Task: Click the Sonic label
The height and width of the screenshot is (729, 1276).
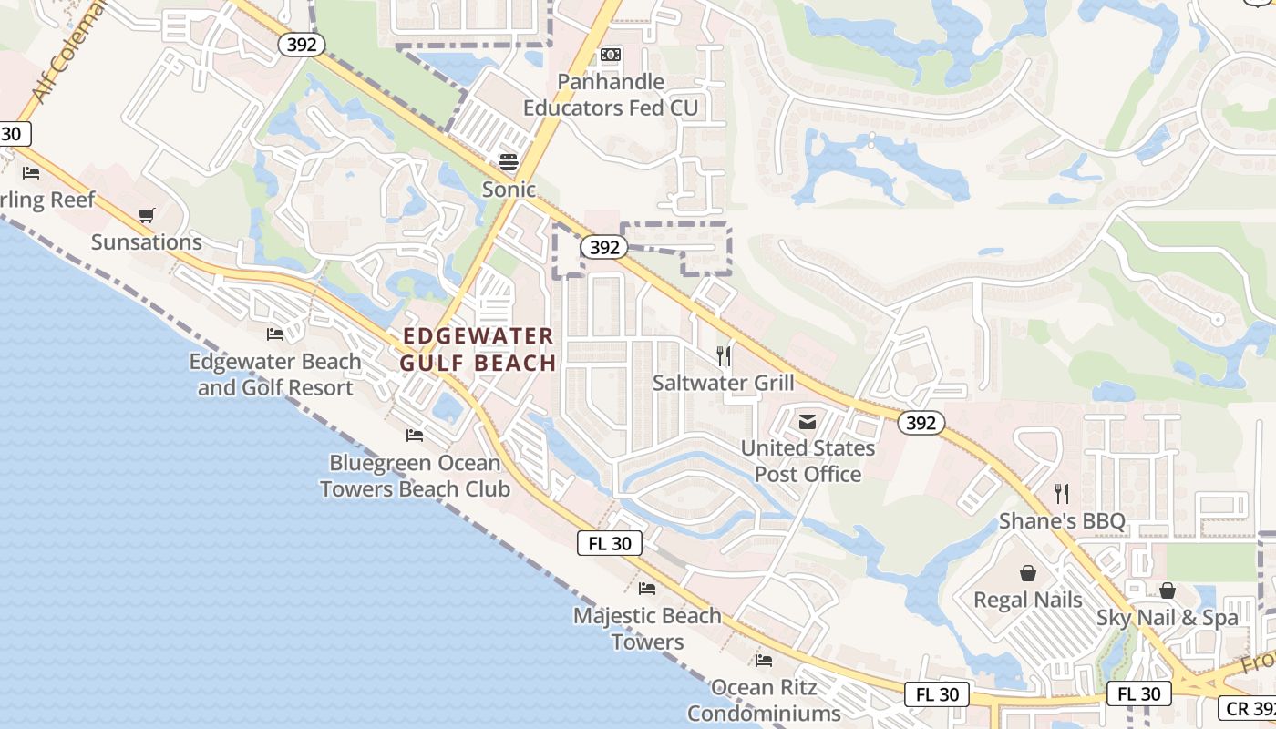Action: click(509, 190)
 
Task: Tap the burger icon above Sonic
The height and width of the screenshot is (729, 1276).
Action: click(509, 163)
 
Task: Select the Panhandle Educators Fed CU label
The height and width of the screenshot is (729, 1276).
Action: click(610, 95)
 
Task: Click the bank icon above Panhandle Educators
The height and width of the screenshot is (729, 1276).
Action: click(611, 56)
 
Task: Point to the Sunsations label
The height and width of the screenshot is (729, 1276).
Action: click(146, 242)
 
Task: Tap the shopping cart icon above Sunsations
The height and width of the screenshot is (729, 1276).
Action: click(146, 216)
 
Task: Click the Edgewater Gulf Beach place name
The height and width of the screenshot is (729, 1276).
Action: click(478, 350)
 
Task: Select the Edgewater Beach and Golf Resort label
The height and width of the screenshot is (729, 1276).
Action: click(275, 375)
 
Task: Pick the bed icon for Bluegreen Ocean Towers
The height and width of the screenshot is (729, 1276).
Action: click(415, 435)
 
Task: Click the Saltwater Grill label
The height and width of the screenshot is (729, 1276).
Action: click(723, 383)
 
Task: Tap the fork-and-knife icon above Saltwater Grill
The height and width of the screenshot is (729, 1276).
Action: click(724, 355)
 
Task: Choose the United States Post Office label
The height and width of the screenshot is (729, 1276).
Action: click(808, 461)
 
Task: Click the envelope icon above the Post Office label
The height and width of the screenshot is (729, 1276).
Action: click(808, 422)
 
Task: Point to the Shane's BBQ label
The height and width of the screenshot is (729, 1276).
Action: click(1062, 521)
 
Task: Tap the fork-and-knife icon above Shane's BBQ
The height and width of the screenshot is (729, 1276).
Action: click(1062, 494)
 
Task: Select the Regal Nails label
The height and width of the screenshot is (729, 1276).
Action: click(1028, 600)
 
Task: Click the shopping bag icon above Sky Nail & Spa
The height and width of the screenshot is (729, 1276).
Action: click(1168, 590)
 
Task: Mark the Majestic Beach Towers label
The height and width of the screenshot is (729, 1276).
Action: click(647, 629)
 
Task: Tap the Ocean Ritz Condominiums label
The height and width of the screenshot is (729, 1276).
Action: click(764, 700)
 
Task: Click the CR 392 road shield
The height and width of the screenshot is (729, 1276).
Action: click(1247, 709)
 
